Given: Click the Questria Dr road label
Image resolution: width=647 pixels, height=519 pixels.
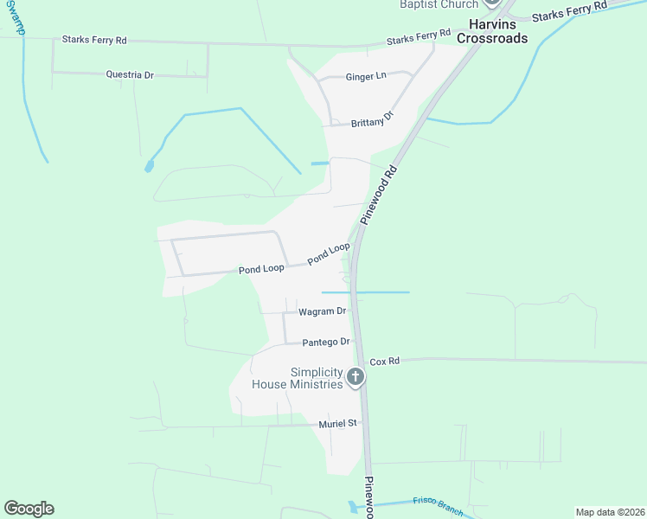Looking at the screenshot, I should click(130, 75).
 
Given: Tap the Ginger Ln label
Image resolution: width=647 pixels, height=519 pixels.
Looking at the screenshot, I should click(366, 77).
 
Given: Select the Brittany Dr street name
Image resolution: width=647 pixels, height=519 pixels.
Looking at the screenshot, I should click(373, 120).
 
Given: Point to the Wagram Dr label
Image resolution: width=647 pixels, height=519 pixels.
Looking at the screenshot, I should click(322, 311).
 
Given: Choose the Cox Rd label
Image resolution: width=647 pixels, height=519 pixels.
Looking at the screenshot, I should click(384, 361).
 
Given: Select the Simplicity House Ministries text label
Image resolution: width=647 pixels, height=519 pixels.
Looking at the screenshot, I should click(298, 378).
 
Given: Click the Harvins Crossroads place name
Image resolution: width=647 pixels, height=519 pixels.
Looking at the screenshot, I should click(492, 32).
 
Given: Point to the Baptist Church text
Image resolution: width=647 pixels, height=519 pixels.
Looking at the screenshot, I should click(439, 4).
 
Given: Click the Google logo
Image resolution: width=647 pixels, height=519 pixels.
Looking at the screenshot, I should click(29, 509).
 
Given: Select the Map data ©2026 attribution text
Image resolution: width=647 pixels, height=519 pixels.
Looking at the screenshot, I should click(610, 512).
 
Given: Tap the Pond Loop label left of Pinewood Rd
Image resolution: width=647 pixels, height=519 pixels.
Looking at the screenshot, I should click(329, 253).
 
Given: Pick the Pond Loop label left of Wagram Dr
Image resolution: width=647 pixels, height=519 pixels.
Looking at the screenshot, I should click(261, 270).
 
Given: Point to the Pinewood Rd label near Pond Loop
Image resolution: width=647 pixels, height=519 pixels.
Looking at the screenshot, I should click(378, 195).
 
